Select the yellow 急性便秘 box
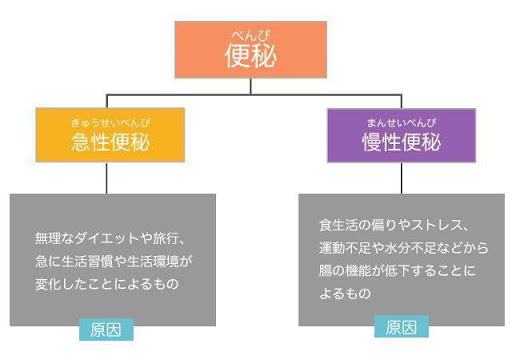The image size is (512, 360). pyautogui.click(x=110, y=135)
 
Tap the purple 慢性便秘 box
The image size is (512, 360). pyautogui.click(x=399, y=135)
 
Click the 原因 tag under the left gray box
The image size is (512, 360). pyautogui.click(x=106, y=329)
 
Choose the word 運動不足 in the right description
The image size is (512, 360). pyautogui.click(x=343, y=247)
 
